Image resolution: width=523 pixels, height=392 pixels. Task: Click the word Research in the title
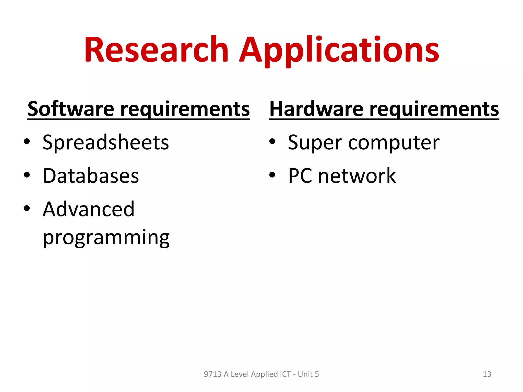[x=156, y=50]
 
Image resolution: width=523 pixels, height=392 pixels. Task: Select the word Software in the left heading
[x=71, y=109]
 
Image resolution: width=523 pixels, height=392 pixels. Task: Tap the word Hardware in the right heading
[x=316, y=109]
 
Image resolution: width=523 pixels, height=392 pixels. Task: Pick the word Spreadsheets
[x=106, y=142]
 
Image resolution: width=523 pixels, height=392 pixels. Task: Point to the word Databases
[x=91, y=176]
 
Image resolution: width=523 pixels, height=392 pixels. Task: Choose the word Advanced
[x=89, y=209]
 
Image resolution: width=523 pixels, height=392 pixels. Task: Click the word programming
[x=106, y=238]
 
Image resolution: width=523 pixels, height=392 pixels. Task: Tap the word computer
[x=394, y=143]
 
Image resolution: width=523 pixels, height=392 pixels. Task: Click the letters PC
[x=300, y=176]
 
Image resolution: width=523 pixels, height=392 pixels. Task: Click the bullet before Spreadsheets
[x=27, y=141]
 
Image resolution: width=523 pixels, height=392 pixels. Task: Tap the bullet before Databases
[x=27, y=175]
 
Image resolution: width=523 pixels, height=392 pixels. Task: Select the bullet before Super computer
[x=272, y=141]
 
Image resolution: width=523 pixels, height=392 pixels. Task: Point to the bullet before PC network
[x=272, y=175]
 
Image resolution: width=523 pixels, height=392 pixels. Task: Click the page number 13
[x=487, y=374]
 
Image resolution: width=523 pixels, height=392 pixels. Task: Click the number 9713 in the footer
[x=212, y=374]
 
